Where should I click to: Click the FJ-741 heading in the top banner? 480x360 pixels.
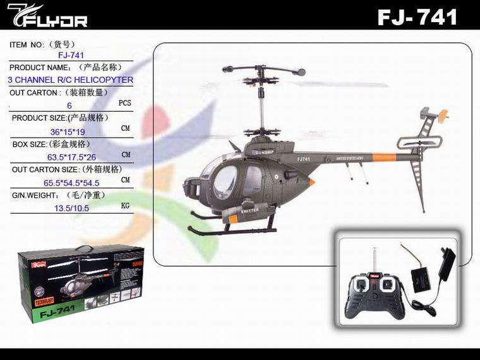[417, 16]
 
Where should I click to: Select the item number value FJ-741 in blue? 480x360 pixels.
[71, 56]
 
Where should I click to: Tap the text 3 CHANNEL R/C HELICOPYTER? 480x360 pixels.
[71, 80]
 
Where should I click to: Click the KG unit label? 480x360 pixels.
[125, 205]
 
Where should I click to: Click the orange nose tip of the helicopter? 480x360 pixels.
[311, 181]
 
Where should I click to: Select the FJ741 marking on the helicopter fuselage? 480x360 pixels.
[304, 159]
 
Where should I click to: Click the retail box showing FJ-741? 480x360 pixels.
[81, 284]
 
